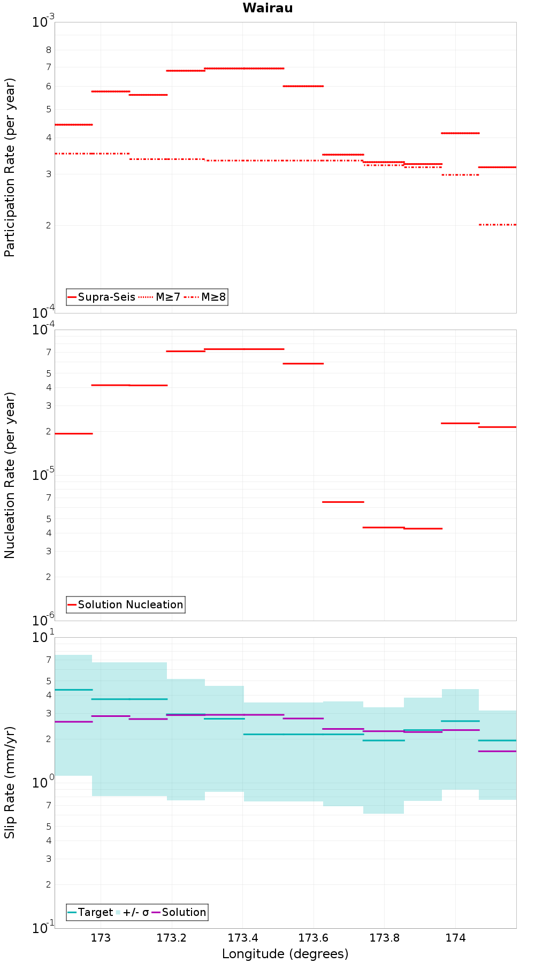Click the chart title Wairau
click(x=267, y=8)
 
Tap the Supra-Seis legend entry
click(x=102, y=297)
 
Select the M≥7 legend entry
click(x=159, y=297)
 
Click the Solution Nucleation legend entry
click(x=126, y=605)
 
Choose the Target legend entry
click(x=90, y=912)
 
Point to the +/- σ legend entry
click(x=132, y=912)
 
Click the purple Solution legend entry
click(x=179, y=912)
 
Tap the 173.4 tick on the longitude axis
click(x=242, y=938)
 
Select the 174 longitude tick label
click(x=455, y=938)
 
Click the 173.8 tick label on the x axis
click(x=384, y=938)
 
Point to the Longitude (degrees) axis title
click(x=285, y=954)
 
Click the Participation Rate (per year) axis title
click(x=10, y=167)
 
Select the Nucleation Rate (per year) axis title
click(x=10, y=476)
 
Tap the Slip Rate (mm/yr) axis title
click(x=10, y=782)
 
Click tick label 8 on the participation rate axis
click(x=49, y=50)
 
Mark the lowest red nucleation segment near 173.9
click(x=423, y=529)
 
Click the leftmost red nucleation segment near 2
click(x=74, y=433)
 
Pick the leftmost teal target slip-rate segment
click(x=74, y=690)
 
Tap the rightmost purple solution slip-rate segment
click(x=498, y=751)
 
